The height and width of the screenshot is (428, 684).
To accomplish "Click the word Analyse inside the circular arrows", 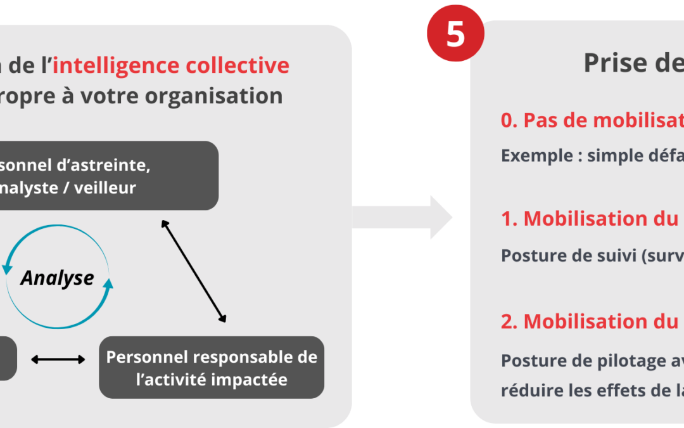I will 57,278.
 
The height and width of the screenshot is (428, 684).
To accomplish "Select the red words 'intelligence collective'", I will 171,65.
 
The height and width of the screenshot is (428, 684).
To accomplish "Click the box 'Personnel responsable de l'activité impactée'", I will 212,367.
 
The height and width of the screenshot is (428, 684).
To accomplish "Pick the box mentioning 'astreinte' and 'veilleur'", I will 95,176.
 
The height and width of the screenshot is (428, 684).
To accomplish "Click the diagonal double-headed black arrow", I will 193,271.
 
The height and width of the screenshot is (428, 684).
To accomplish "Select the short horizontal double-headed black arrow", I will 58,360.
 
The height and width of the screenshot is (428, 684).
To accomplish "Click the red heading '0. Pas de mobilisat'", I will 592,120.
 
